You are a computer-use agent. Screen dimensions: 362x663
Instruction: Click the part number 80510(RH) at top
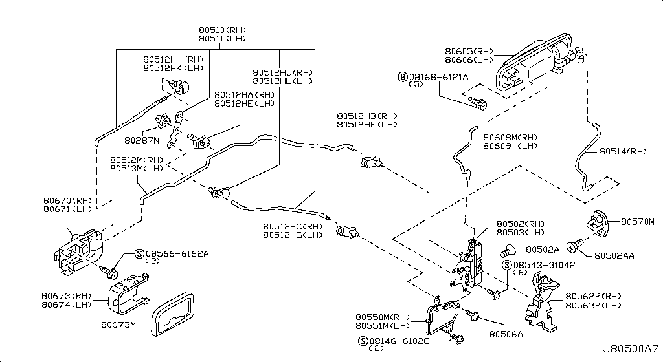pyautogui.click(x=223, y=30)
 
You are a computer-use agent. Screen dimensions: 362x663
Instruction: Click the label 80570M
pyautogui.click(x=638, y=222)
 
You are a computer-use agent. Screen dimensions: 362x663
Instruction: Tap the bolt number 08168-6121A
pyautogui.click(x=440, y=76)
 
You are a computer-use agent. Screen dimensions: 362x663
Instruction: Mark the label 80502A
pyautogui.click(x=543, y=248)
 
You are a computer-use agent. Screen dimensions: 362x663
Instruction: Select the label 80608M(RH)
pyautogui.click(x=510, y=137)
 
